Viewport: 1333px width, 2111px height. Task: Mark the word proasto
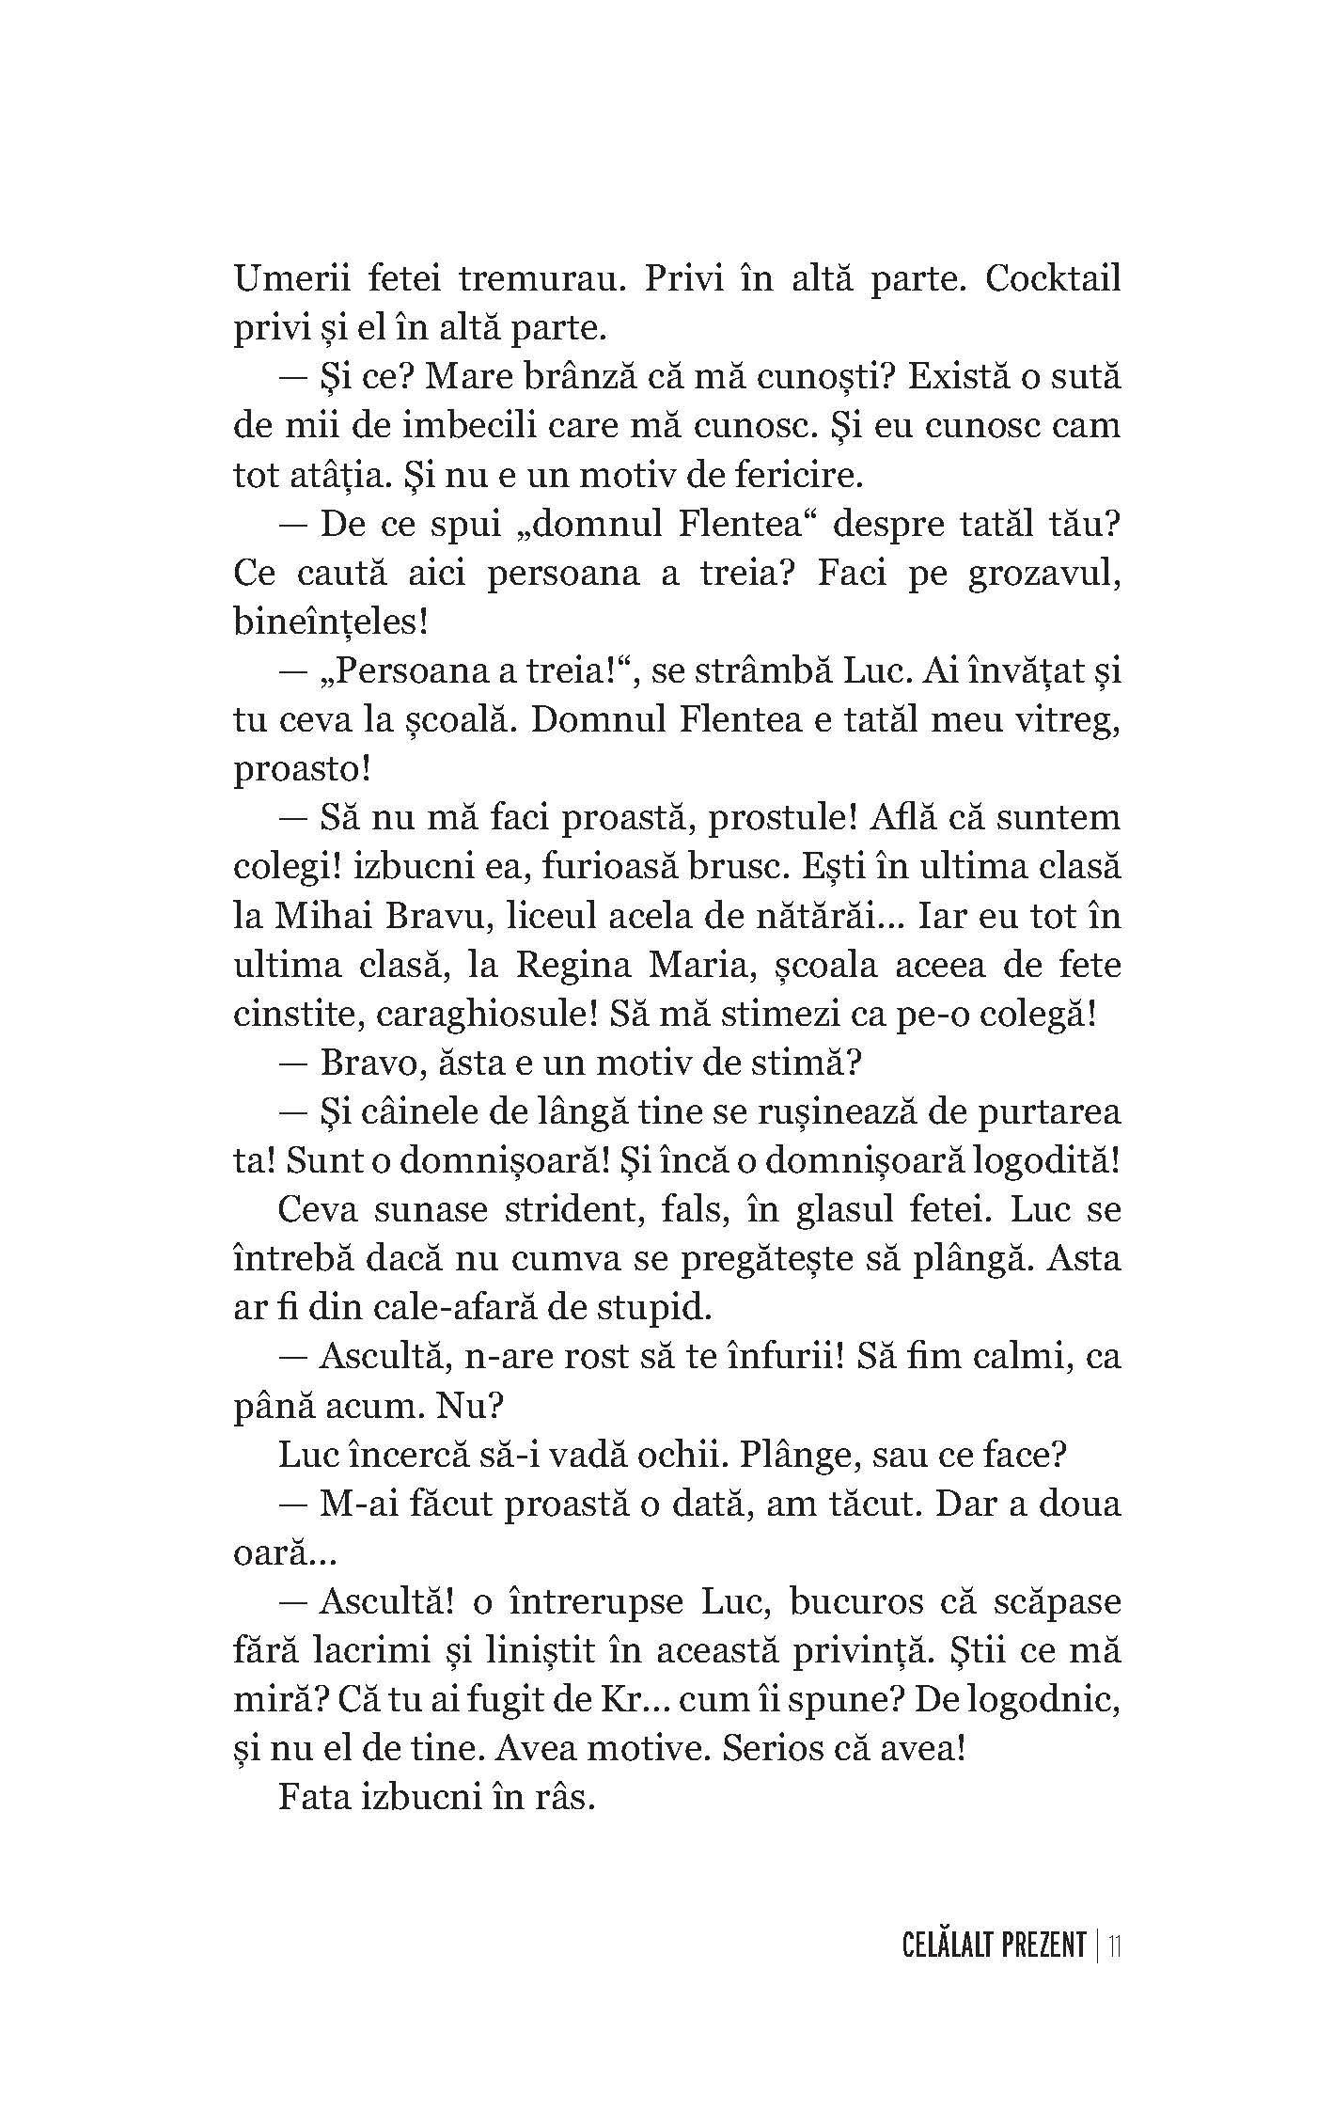(x=300, y=769)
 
